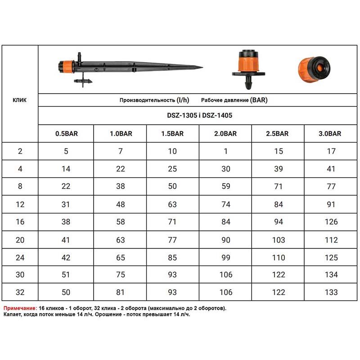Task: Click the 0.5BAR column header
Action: (x=67, y=134)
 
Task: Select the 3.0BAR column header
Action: (x=330, y=134)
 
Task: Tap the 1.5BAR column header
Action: (x=172, y=134)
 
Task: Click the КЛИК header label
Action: (x=19, y=100)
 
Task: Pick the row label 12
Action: (x=20, y=204)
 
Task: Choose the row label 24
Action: (x=20, y=257)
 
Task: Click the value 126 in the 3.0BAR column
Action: (x=331, y=222)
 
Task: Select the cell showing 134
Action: (x=331, y=274)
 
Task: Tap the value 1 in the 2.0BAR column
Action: (x=226, y=151)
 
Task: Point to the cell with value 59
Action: (x=226, y=186)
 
